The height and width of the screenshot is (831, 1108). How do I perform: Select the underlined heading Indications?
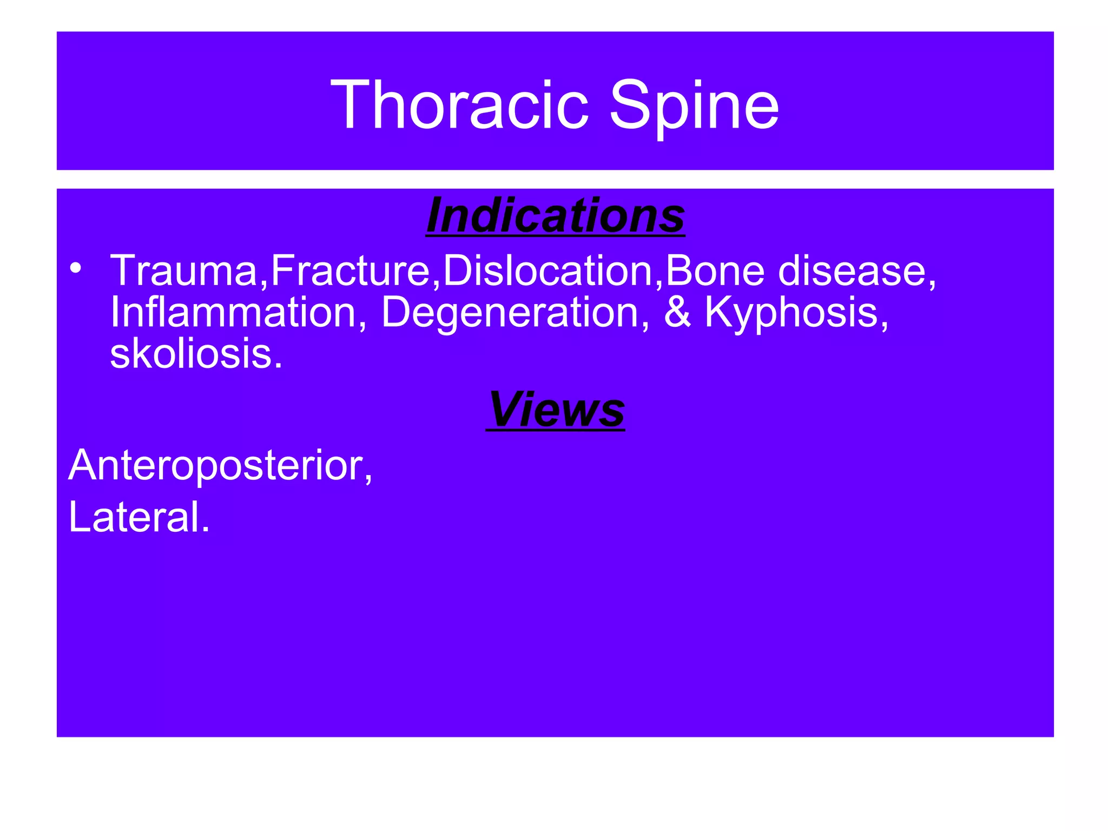556,215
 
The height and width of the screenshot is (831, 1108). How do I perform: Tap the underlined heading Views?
556,409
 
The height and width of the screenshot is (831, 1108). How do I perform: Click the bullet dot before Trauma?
76,268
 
